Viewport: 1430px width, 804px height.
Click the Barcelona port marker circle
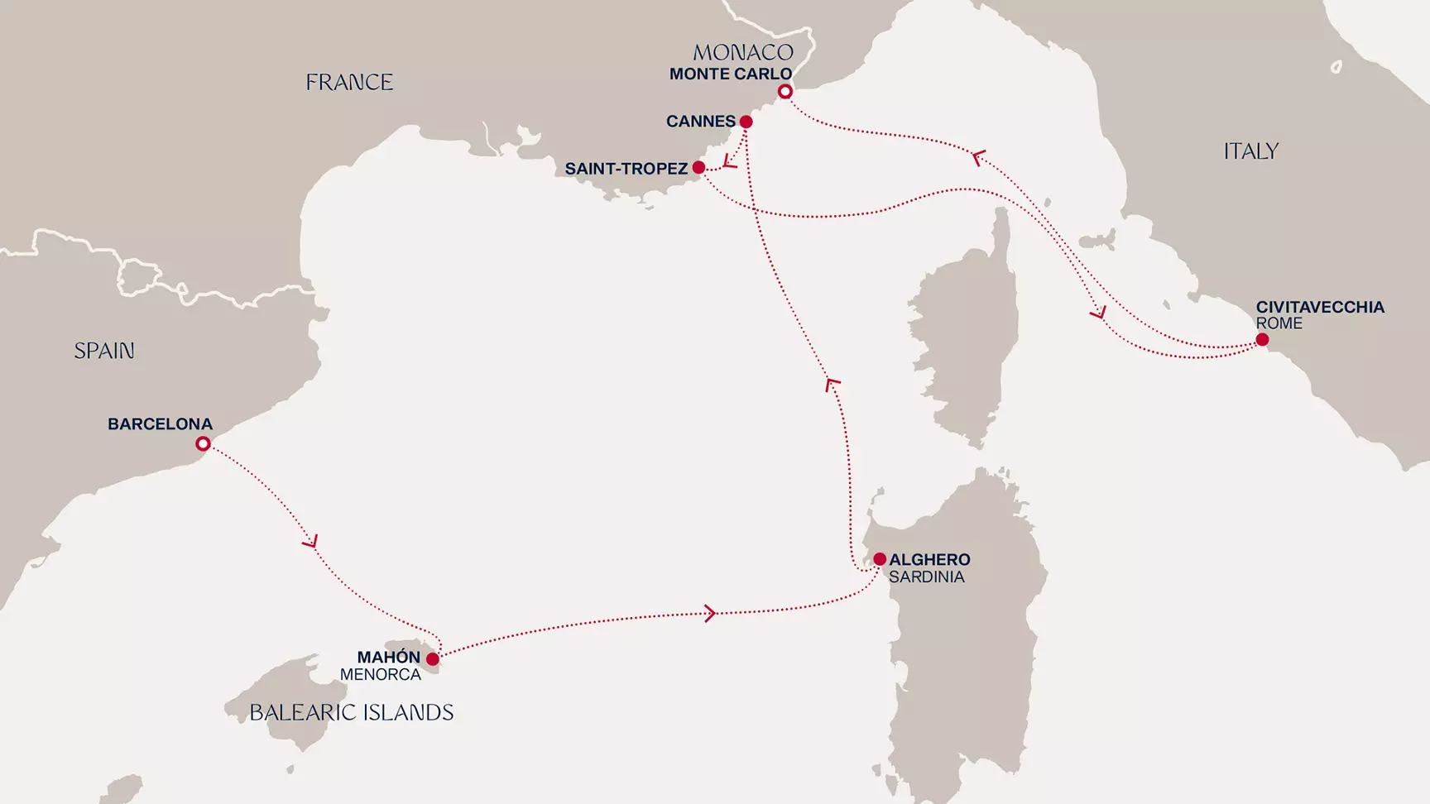[x=203, y=444]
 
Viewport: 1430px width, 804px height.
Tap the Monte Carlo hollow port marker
[x=785, y=92]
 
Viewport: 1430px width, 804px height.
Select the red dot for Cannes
[x=746, y=122]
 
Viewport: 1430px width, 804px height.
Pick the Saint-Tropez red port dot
[x=698, y=168]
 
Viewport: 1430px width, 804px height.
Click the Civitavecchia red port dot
[x=1262, y=340]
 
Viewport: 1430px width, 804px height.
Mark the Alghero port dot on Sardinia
[x=880, y=559]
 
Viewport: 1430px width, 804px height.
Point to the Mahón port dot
[x=432, y=659]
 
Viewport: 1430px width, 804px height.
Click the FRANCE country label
[x=349, y=83]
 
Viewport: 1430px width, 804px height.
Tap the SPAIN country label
[x=104, y=351]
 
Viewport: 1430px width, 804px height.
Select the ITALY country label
[x=1250, y=151]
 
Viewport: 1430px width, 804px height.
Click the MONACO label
[x=743, y=53]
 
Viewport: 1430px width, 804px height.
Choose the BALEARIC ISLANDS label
[x=351, y=712]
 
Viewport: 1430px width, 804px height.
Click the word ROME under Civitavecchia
[x=1279, y=323]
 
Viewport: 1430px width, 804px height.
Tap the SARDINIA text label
[x=926, y=577]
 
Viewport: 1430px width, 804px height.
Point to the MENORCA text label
[x=381, y=675]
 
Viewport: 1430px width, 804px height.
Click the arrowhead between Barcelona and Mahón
[x=310, y=542]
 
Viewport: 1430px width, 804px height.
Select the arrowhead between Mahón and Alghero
[x=709, y=613]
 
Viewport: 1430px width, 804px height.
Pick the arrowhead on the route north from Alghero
[x=833, y=383]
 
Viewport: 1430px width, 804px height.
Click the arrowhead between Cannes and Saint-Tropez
[x=729, y=161]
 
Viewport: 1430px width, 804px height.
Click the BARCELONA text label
[x=160, y=424]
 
